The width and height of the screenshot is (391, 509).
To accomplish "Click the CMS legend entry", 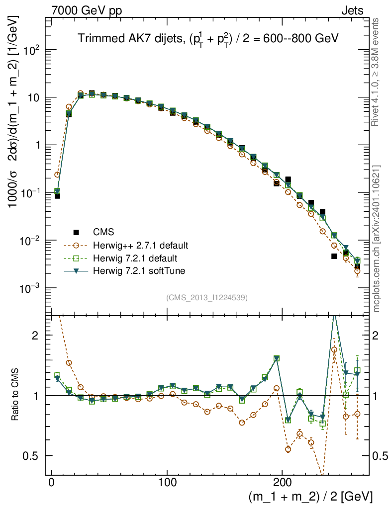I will (103, 232).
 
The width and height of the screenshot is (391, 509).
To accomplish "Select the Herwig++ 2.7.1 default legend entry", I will (140, 246).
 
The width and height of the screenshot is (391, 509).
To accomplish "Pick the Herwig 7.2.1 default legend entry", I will (135, 258).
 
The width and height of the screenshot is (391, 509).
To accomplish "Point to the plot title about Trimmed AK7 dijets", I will (208, 40).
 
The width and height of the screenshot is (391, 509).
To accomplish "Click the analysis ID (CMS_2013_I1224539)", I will (207, 298).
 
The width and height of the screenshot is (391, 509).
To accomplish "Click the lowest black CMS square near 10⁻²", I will (334, 256).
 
